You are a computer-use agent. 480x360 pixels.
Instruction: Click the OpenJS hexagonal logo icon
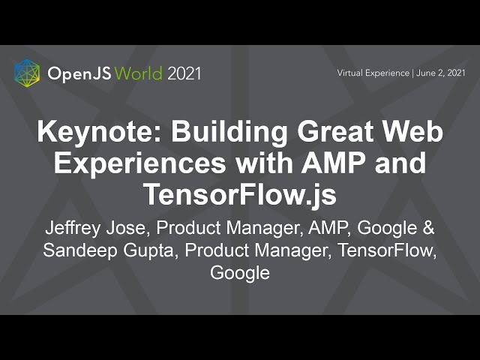pos(27,73)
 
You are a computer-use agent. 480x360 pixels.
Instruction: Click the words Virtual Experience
pos(373,73)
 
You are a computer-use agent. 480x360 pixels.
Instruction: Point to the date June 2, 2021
pos(440,73)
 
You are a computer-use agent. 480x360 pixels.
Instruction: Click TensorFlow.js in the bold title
pos(240,194)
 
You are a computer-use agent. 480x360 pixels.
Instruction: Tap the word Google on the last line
pos(240,273)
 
